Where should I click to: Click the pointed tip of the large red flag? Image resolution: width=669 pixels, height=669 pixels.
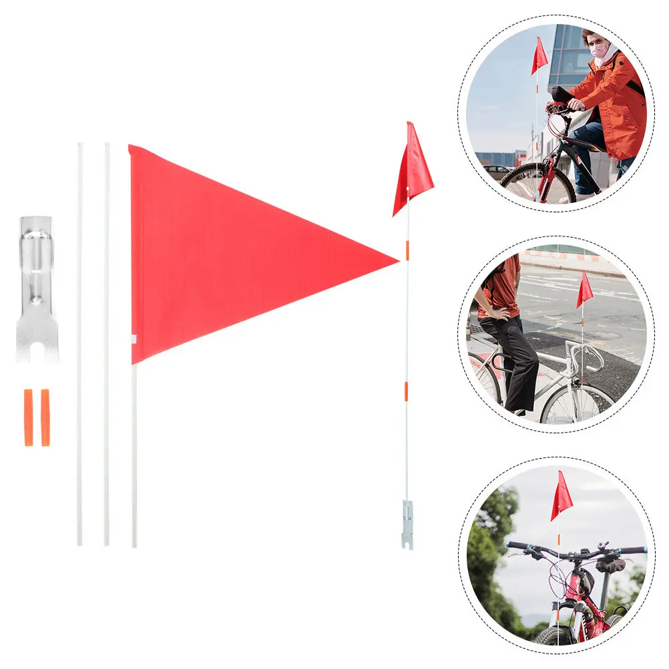(x=395, y=260)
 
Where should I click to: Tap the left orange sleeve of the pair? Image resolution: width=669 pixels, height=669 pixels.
(x=29, y=417)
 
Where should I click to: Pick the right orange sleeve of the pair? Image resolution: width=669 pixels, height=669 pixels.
(x=45, y=417)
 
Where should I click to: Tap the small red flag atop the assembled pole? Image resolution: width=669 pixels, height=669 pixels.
(x=413, y=167)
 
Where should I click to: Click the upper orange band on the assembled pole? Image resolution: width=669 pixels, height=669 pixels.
(x=407, y=250)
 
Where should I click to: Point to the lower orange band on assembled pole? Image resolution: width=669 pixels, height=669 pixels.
(x=406, y=391)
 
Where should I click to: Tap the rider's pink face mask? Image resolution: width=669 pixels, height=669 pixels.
(x=598, y=50)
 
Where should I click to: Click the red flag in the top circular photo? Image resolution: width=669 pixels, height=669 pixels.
(x=539, y=57)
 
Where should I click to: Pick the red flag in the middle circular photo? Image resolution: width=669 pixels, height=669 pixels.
(x=585, y=290)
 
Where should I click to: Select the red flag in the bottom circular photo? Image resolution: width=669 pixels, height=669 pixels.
(x=561, y=497)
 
